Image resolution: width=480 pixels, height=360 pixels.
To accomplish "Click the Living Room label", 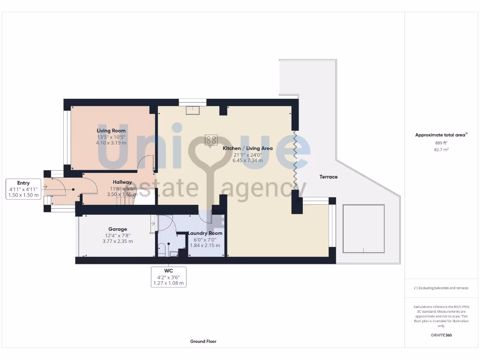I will pyautogui.click(x=111, y=131).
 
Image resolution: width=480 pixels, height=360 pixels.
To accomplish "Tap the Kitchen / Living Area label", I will pyautogui.click(x=247, y=148).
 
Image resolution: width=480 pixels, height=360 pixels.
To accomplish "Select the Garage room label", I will pyautogui.click(x=118, y=229).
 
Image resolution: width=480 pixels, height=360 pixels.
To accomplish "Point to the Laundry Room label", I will pyautogui.click(x=205, y=233).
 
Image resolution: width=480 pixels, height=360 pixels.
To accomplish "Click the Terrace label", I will pyautogui.click(x=329, y=177).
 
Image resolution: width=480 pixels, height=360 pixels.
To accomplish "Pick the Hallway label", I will pyautogui.click(x=122, y=182).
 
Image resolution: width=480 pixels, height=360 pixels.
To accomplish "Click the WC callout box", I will pyautogui.click(x=169, y=277).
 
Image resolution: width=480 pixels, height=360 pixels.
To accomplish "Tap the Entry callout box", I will pyautogui.click(x=23, y=189).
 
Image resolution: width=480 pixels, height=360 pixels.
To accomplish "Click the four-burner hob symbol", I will pyautogui.click(x=211, y=140).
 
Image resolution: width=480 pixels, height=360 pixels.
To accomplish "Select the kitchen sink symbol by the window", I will pyautogui.click(x=192, y=110).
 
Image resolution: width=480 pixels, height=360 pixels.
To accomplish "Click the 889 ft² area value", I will pyautogui.click(x=441, y=142).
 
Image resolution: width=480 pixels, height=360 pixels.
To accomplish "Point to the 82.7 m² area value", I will pyautogui.click(x=441, y=150).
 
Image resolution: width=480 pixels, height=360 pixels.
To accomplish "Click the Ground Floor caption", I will pyautogui.click(x=203, y=341).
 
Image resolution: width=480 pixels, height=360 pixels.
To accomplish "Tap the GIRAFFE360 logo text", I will pyautogui.click(x=441, y=335).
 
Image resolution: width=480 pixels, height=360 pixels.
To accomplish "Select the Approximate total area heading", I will pyautogui.click(x=441, y=135).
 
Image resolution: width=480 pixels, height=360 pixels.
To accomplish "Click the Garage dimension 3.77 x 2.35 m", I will pyautogui.click(x=118, y=241).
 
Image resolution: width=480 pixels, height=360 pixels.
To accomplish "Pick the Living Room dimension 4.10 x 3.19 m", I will pyautogui.click(x=111, y=142).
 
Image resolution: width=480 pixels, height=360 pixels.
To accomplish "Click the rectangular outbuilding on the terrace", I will pyautogui.click(x=363, y=228).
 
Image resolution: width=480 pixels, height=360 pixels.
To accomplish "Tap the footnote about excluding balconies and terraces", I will pyautogui.click(x=441, y=288).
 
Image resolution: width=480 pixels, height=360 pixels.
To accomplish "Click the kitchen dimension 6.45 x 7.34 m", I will pyautogui.click(x=247, y=160).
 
